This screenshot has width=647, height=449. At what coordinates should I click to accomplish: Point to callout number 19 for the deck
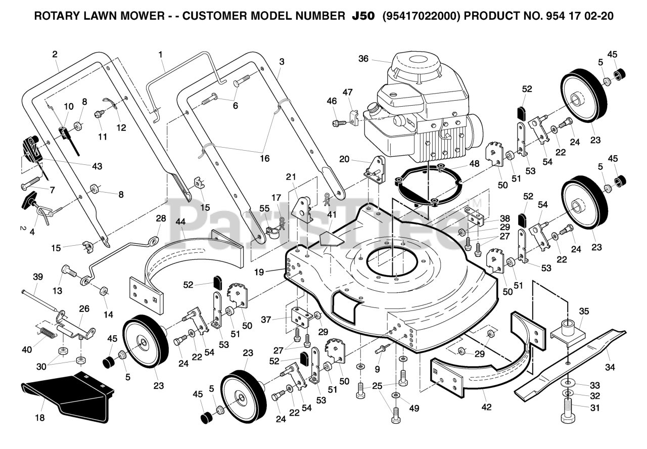click(259, 272)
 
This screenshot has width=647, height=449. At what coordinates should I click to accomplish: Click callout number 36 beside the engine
click(363, 59)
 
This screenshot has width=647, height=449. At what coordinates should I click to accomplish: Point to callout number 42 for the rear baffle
click(486, 407)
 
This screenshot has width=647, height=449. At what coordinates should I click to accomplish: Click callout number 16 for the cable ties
click(264, 158)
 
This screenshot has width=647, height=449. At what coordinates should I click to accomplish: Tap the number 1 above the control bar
click(160, 54)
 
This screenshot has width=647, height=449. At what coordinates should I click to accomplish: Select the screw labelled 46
click(339, 123)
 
